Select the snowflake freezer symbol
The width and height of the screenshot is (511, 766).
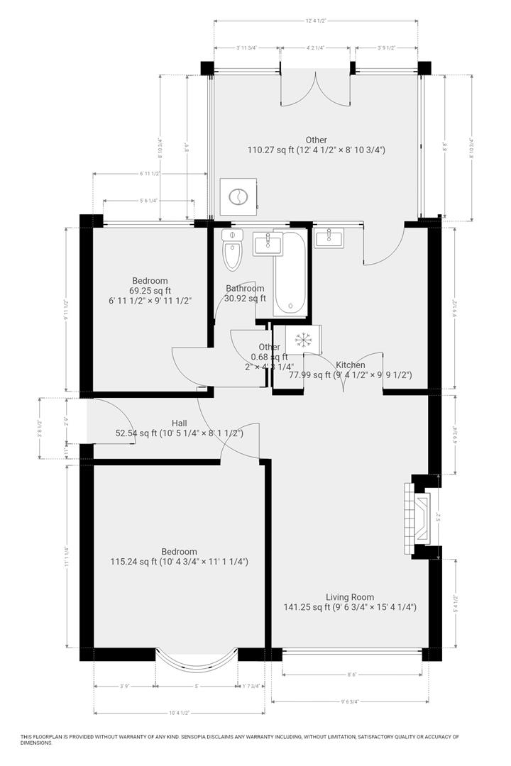pos(304,340)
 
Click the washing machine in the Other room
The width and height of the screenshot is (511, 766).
pos(238,196)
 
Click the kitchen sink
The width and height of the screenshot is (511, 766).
pos(329,238)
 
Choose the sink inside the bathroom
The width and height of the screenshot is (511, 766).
pos(267,243)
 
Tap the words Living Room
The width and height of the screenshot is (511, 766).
pos(350,596)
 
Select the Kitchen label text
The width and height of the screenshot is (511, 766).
pos(351,365)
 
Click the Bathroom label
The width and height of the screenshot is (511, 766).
pos(245,288)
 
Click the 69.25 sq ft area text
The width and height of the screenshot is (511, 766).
pos(149,291)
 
